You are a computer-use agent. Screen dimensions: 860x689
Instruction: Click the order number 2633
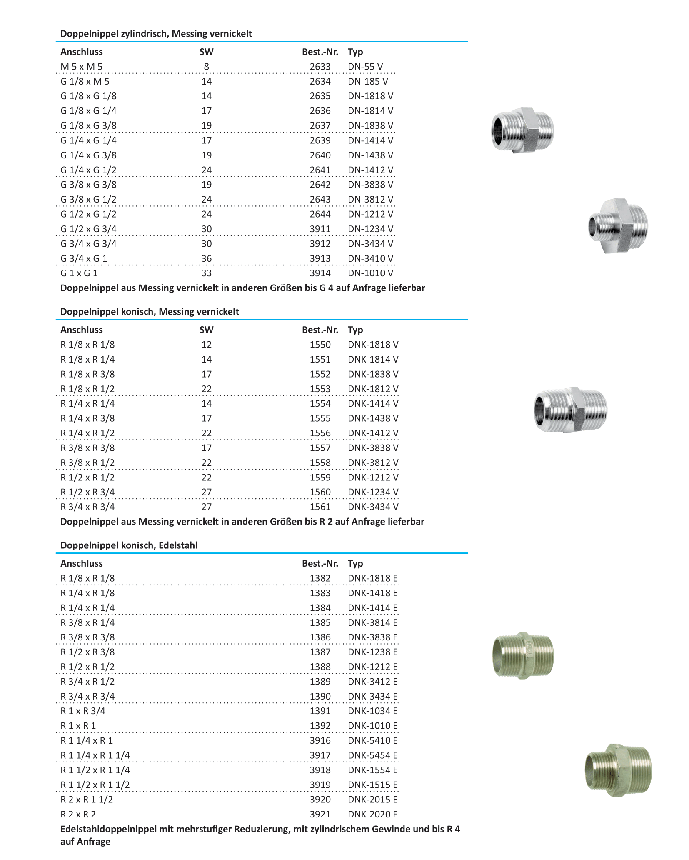coord(320,67)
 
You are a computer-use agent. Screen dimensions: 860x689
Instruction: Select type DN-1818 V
coord(370,96)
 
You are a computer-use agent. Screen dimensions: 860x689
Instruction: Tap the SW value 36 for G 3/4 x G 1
coord(206,259)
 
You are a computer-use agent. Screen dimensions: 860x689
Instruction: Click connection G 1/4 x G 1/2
coord(88,170)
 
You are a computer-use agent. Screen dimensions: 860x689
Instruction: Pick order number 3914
coord(320,273)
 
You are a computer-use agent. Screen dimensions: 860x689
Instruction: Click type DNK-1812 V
coord(373,389)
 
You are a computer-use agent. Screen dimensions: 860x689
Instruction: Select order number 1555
coord(320,418)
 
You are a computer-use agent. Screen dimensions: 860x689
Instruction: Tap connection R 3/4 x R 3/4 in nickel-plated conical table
coord(87,507)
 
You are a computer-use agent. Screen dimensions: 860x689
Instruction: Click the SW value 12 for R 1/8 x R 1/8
coord(206,345)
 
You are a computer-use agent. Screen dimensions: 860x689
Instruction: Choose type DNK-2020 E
coord(372,814)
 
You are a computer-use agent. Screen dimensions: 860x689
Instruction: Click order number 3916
coord(320,740)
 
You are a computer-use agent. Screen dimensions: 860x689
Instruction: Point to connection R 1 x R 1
coord(78,726)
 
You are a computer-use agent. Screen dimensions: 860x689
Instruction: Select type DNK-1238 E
coord(372,652)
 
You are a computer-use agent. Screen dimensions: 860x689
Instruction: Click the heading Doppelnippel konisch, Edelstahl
coord(129,545)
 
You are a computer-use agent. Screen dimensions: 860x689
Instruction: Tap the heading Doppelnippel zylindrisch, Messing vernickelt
coord(156,34)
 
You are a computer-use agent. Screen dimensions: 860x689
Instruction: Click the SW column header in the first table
coord(206,52)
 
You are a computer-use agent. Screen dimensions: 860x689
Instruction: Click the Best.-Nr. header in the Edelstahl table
coord(320,564)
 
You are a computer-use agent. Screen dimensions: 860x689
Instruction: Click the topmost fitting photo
coord(522,130)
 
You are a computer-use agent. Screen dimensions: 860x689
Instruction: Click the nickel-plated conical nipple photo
coord(570,409)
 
